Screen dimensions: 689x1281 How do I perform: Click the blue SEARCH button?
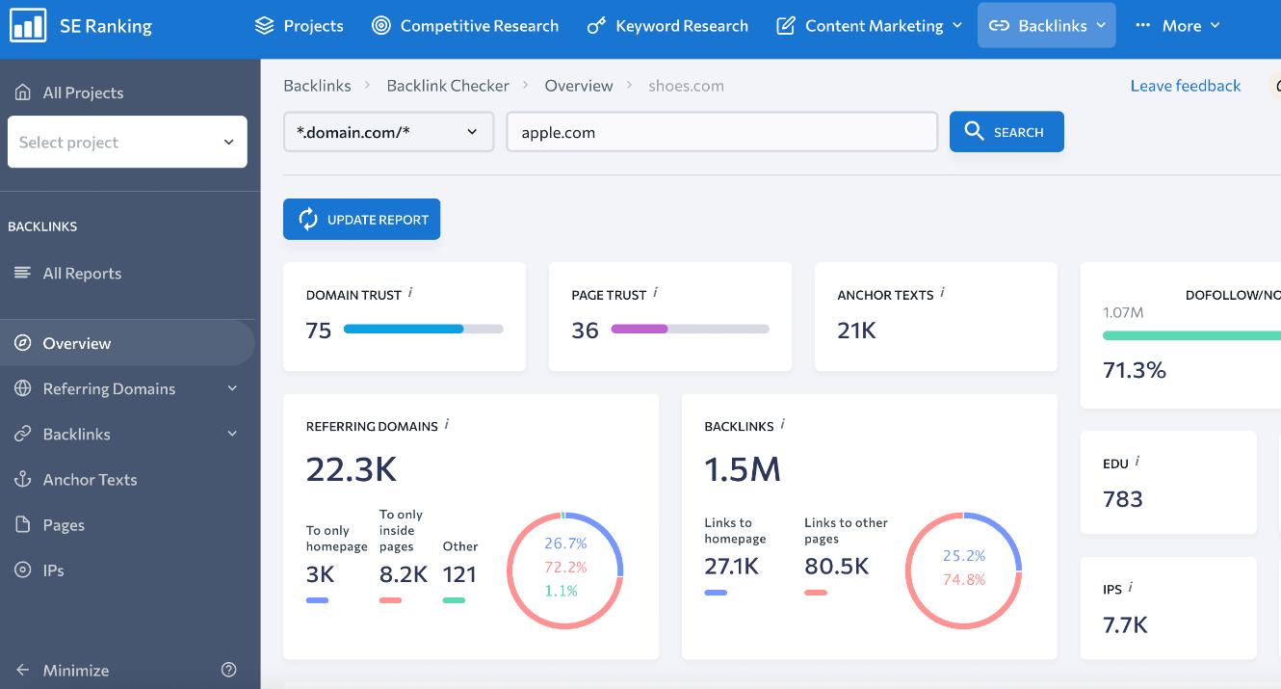click(x=1006, y=132)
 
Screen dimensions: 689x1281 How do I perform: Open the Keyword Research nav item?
click(x=667, y=26)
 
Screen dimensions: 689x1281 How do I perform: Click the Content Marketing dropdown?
click(x=869, y=26)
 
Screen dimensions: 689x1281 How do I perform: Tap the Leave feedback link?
click(x=1185, y=86)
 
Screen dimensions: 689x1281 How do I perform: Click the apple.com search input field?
click(x=721, y=132)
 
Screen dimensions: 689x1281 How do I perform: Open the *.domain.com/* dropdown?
click(x=388, y=132)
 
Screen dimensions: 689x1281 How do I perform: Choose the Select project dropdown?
click(x=127, y=142)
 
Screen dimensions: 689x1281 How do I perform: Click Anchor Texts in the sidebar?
click(x=90, y=480)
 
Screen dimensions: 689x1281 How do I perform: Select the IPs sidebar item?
click(x=53, y=570)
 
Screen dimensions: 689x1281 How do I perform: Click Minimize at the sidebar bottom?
click(x=75, y=670)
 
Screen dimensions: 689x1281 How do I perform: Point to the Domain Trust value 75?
click(x=319, y=331)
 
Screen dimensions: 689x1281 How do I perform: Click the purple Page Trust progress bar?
click(x=640, y=329)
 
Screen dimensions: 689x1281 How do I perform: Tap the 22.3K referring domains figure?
click(x=352, y=469)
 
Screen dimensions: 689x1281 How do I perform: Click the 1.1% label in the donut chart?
click(x=561, y=591)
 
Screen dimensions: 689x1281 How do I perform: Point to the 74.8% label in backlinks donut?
click(x=963, y=579)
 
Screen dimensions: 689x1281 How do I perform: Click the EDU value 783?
click(x=1123, y=499)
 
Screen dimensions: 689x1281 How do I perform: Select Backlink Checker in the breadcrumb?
click(x=448, y=86)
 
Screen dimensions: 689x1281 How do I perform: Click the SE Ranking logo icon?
click(x=28, y=26)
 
